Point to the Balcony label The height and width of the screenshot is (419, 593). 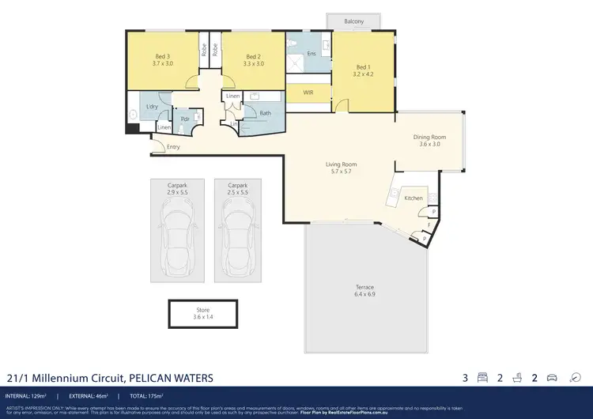(354, 21)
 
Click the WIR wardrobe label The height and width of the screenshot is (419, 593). (308, 92)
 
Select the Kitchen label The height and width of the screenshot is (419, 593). (414, 198)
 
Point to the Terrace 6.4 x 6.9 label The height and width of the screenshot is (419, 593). (364, 290)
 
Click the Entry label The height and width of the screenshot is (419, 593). (173, 147)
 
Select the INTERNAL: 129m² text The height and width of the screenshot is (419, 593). (27, 395)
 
